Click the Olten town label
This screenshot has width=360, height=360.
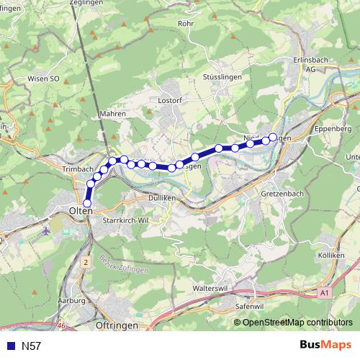click(x=79, y=210)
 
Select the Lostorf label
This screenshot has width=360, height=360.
click(x=168, y=101)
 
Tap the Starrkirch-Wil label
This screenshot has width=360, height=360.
click(x=127, y=220)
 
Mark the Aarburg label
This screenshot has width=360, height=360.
click(x=73, y=300)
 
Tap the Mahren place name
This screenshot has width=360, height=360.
click(x=113, y=114)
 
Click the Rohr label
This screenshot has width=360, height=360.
click(x=185, y=22)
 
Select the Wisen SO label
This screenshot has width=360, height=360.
click(x=43, y=78)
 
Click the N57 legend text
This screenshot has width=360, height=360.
click(x=32, y=346)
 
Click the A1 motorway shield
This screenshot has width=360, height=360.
click(x=323, y=293)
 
